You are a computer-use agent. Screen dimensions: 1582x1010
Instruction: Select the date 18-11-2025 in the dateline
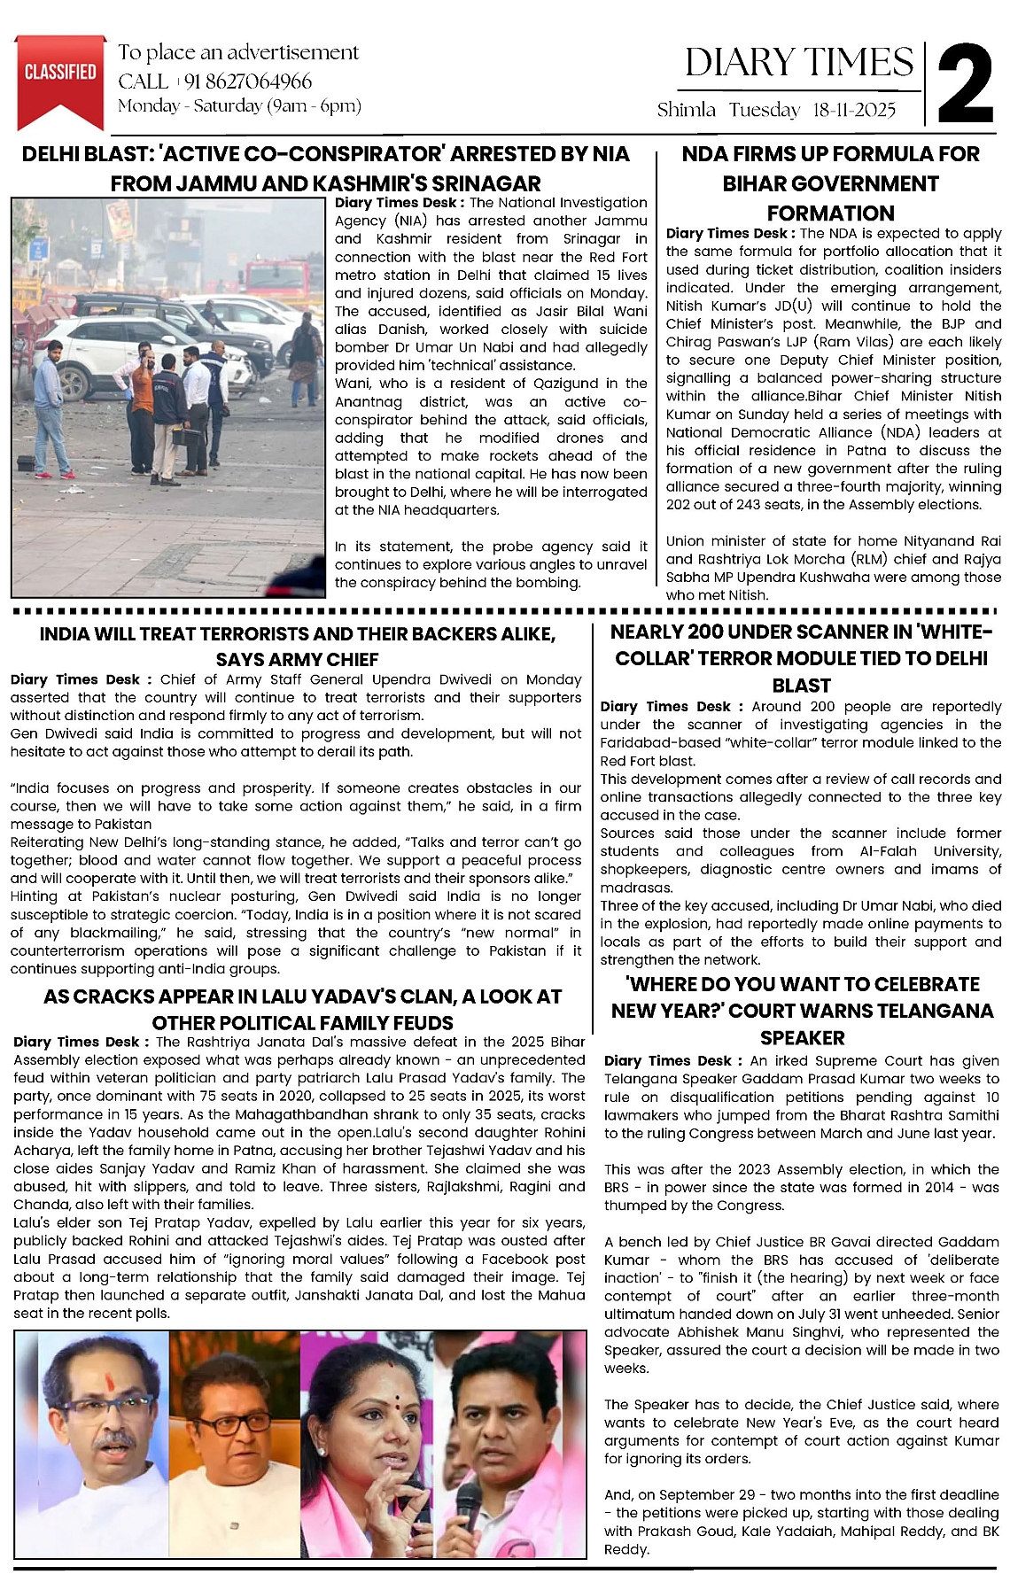(x=854, y=111)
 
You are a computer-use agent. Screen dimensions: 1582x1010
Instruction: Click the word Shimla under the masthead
(x=687, y=111)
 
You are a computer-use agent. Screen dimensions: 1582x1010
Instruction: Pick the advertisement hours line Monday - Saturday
(x=239, y=106)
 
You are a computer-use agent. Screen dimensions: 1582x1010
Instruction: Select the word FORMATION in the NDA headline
(x=830, y=213)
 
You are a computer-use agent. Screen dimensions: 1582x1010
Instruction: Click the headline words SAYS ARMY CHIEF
(x=297, y=660)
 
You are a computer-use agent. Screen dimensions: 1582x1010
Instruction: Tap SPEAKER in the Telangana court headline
(x=802, y=1037)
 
